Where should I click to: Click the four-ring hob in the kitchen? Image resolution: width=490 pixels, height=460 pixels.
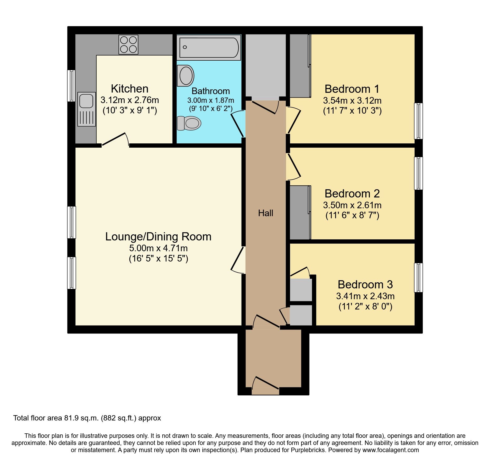[x=128, y=45]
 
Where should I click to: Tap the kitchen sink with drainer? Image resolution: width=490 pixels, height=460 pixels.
[x=87, y=109]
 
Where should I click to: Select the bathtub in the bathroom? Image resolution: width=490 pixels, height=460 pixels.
[x=209, y=47]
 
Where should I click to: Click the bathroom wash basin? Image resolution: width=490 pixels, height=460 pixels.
[x=186, y=76]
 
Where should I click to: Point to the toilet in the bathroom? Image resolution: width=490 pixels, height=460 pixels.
[x=189, y=123]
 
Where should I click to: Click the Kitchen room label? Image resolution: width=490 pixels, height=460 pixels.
[x=130, y=89]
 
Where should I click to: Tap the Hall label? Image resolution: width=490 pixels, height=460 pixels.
[x=266, y=213]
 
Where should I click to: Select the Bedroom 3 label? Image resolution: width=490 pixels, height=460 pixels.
[x=365, y=285]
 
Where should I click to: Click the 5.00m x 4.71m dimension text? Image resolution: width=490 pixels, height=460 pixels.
[x=158, y=248]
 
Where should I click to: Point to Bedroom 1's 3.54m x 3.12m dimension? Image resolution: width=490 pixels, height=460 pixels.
[x=352, y=101]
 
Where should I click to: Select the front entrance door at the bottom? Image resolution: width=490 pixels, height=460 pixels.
[x=265, y=384]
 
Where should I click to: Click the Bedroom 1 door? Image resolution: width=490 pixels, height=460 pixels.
[x=293, y=120]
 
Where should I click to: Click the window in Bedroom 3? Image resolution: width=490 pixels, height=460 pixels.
[x=418, y=278]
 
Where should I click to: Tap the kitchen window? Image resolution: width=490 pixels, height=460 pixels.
[x=71, y=86]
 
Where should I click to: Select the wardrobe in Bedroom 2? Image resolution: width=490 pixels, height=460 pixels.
[x=300, y=212]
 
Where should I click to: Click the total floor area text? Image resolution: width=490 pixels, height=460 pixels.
[x=87, y=418]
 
